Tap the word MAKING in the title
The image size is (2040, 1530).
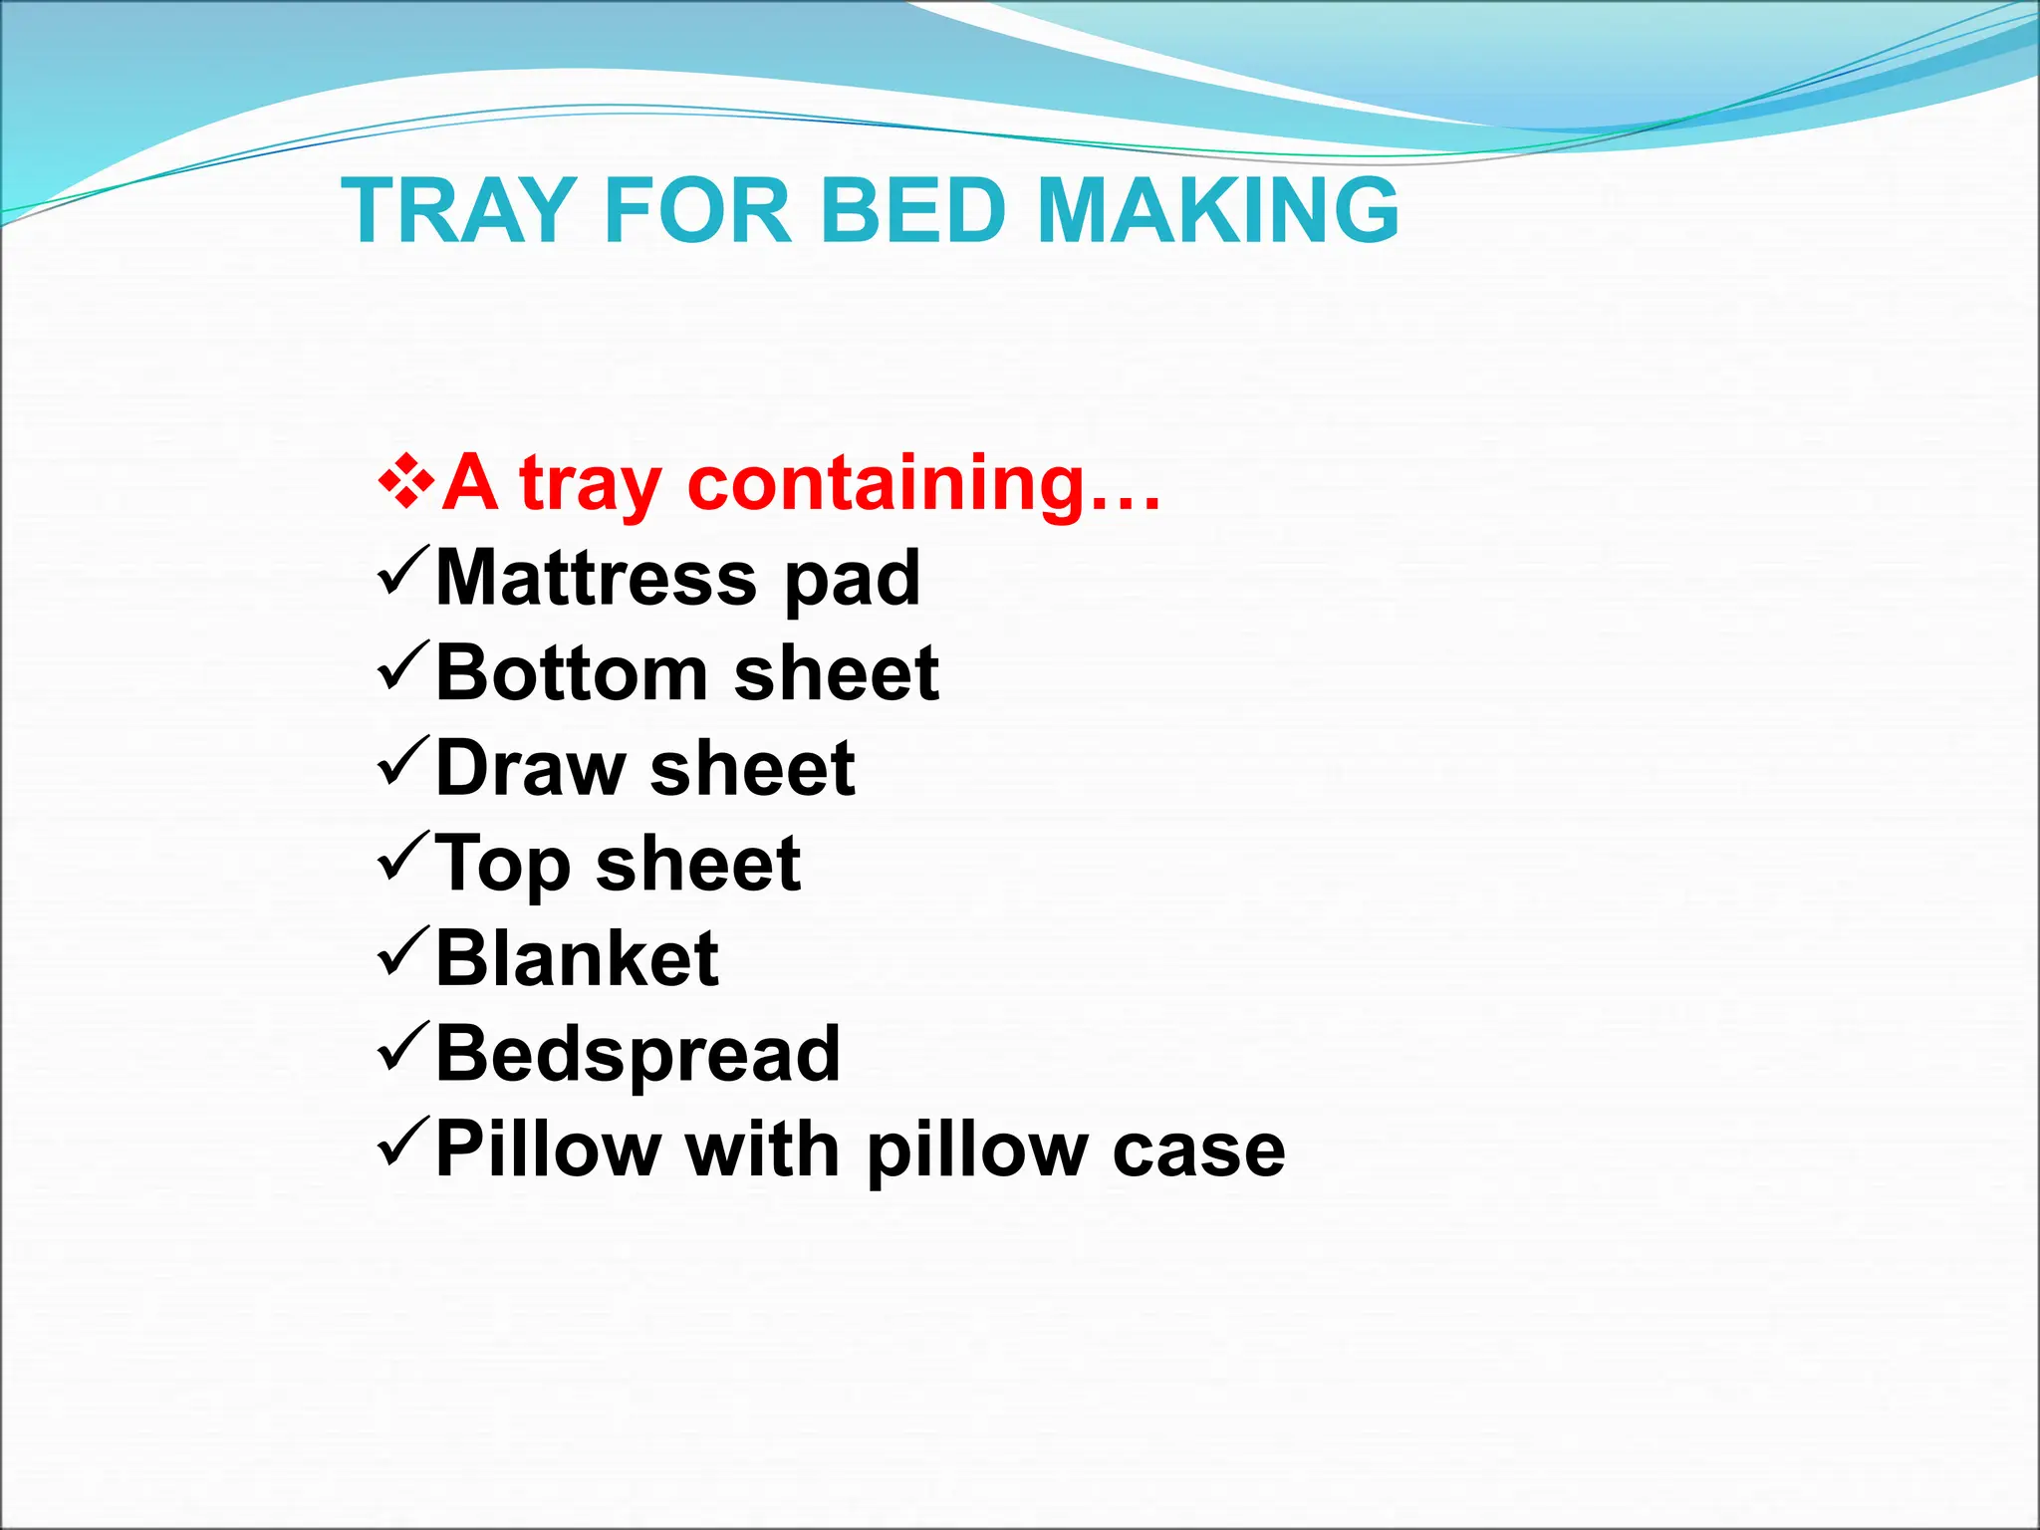coord(1217,210)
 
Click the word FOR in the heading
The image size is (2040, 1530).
coord(697,210)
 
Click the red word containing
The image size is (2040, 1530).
coord(924,483)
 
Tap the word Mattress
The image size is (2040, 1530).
coord(597,578)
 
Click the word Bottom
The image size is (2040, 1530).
coord(572,673)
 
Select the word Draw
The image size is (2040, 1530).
coord(530,768)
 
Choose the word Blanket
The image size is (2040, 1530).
coord(577,958)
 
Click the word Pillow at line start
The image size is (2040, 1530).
coord(547,1149)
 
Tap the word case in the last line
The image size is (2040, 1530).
coord(1198,1151)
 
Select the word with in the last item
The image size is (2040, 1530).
coord(763,1149)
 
